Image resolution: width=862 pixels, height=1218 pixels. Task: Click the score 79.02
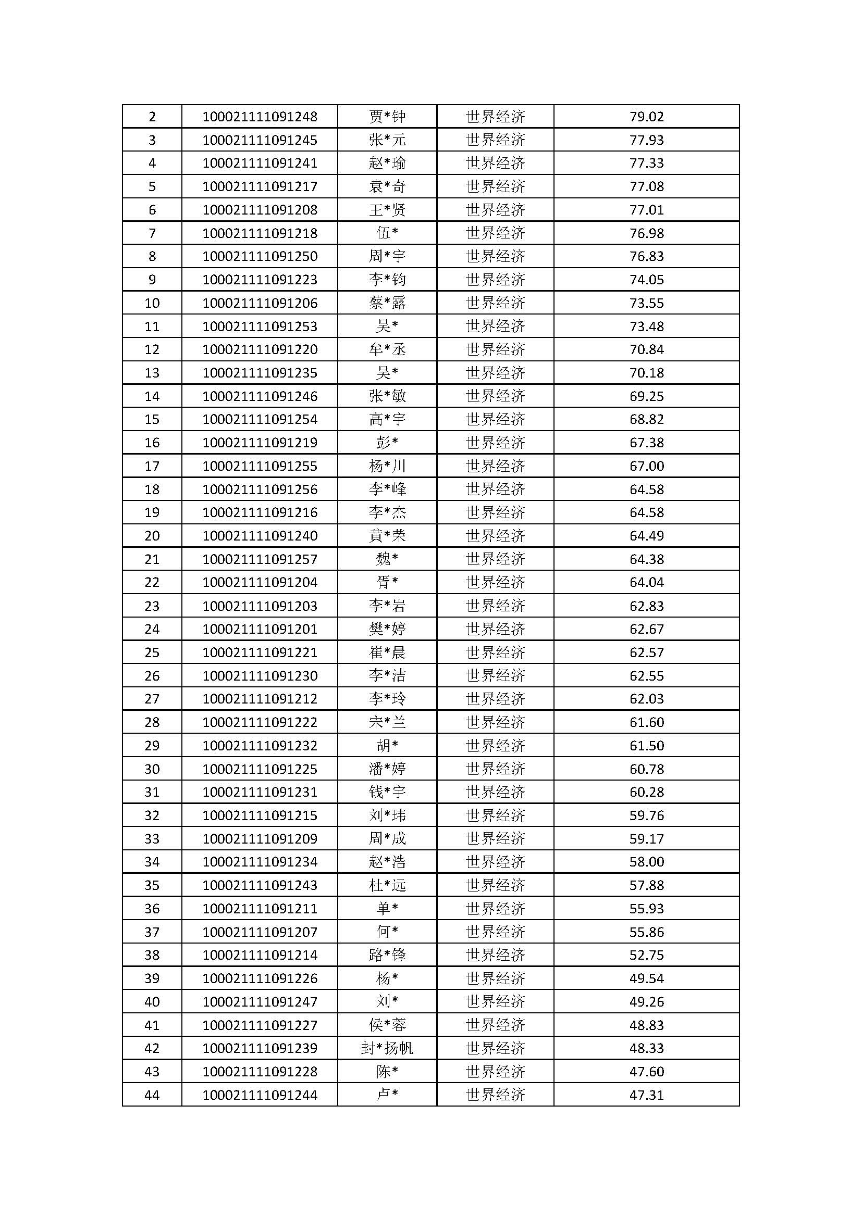pos(646,116)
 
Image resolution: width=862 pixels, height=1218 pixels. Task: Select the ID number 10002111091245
pos(260,140)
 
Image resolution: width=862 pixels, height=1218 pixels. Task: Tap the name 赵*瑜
pos(387,163)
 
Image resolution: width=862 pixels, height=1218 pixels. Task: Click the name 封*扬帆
pos(387,1048)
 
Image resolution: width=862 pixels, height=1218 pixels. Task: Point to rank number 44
pos(152,1095)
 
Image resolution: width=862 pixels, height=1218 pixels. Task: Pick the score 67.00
pos(646,466)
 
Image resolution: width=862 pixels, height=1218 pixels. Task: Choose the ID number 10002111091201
pos(260,629)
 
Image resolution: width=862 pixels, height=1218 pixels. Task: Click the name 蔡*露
pos(387,303)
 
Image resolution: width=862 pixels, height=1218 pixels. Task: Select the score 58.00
pos(646,862)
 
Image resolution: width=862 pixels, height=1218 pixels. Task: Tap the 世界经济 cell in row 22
pos(495,583)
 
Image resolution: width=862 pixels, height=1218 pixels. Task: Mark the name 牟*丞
pos(387,349)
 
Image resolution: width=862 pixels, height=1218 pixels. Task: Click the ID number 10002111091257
pos(260,559)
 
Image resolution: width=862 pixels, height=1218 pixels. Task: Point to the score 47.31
pos(646,1095)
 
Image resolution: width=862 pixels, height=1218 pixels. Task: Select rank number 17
pos(152,466)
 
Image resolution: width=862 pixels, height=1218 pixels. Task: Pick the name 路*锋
pos(387,955)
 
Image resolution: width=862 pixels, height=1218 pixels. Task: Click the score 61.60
pos(646,722)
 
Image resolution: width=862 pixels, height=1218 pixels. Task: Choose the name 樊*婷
pos(387,629)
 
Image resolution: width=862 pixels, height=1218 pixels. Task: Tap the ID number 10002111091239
pos(260,1048)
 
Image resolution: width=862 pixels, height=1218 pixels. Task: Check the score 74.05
pos(646,280)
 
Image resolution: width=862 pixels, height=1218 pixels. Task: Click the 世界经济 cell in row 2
pos(495,116)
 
